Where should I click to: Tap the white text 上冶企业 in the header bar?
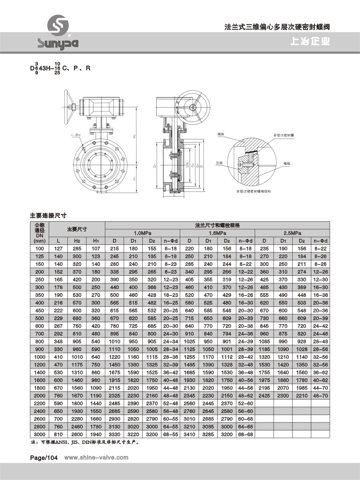(310, 42)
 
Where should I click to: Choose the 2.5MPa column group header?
(292, 233)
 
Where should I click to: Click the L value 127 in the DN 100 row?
(58, 248)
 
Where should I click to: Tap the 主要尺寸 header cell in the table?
(77, 229)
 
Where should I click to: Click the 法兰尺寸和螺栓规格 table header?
(217, 225)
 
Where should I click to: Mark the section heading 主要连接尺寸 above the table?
(48, 215)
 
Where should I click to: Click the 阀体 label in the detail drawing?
(221, 135)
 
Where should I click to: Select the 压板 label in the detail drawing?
(219, 162)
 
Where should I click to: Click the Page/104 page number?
(43, 457)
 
